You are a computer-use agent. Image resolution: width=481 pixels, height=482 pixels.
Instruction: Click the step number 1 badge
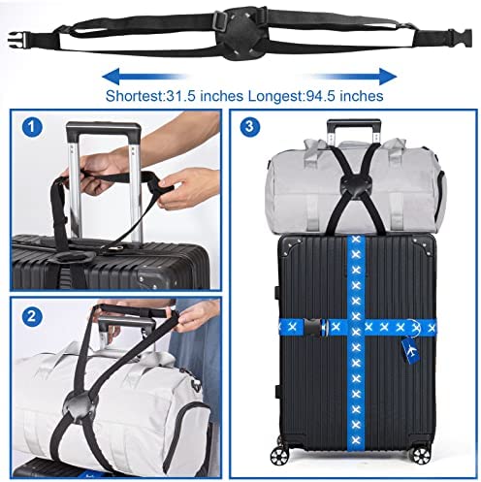coord(32,127)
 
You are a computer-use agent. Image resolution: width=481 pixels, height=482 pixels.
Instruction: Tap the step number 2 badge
coord(32,316)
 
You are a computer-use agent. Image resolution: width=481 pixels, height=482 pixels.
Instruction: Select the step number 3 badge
coord(249,126)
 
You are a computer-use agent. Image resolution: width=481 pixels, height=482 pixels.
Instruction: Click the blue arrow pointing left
coord(144,77)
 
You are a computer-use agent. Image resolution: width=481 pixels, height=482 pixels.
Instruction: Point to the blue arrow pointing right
coord(355,77)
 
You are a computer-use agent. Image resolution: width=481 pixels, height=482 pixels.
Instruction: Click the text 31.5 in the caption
coord(180,96)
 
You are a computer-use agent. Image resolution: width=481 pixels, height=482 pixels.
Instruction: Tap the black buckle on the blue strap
coord(315,328)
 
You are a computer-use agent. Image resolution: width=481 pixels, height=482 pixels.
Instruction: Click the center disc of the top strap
coord(240,35)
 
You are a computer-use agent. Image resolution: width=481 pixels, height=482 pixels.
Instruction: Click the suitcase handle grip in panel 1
coord(104,128)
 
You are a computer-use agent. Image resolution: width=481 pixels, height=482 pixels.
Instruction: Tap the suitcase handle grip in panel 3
coord(354,123)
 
